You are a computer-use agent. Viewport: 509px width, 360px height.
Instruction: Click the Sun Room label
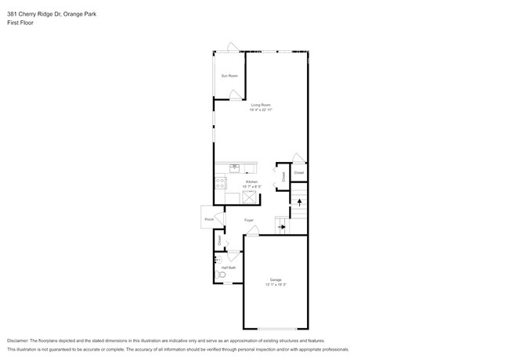coord(229,76)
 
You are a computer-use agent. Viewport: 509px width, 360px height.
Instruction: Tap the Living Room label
coord(261,105)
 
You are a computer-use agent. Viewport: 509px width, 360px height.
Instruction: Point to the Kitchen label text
coord(251,182)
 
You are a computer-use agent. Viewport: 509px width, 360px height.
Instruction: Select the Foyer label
coord(248,220)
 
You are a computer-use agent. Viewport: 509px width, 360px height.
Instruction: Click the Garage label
coord(276,279)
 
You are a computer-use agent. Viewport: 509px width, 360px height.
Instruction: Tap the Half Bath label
coord(228,268)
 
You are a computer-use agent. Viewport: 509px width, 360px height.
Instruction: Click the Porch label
coord(209,219)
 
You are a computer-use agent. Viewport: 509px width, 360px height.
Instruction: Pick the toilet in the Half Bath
coord(220,275)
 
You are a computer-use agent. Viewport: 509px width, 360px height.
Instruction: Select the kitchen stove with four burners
coord(220,183)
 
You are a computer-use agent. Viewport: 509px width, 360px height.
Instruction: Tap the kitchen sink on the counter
coord(235,167)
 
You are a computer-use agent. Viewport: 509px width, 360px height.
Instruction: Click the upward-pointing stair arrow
coord(299,202)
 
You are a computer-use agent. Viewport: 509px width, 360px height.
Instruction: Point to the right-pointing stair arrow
coord(282,228)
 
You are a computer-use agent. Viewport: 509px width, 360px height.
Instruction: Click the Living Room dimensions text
coord(261,110)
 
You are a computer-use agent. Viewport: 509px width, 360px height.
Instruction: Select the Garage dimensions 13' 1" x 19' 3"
coord(276,284)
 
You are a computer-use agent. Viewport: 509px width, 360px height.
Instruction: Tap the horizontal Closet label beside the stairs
coord(299,172)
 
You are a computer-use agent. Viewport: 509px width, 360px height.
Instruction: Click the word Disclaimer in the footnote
coord(18,340)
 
